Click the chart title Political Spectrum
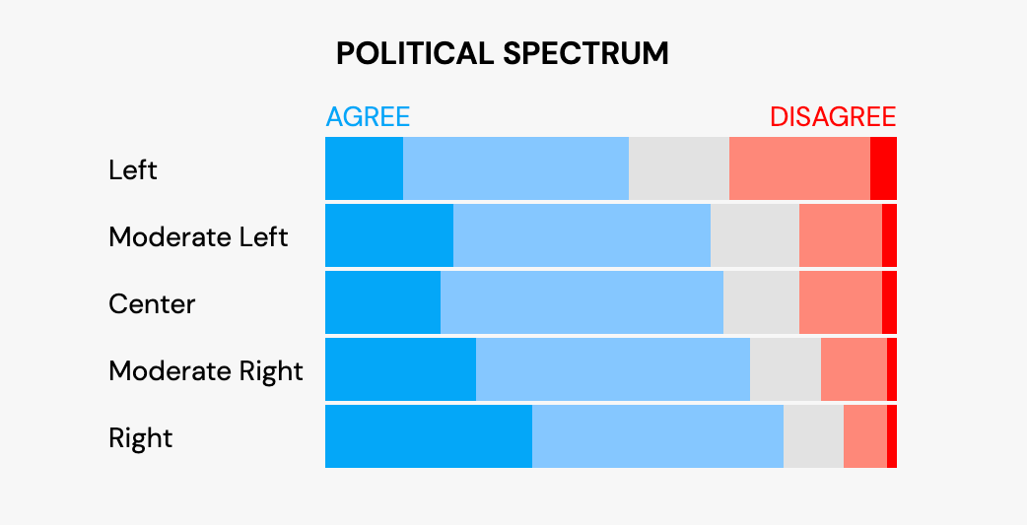pos(502,53)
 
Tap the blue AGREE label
pos(368,117)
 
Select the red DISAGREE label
pos(833,117)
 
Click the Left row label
pos(133,169)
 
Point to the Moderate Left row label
pos(198,236)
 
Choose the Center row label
pos(152,303)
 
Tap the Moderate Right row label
pos(205,370)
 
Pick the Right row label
pos(140,437)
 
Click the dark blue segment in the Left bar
pos(364,168)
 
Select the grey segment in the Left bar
pos(679,168)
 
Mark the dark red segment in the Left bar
pos(883,168)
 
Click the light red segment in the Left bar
pos(799,168)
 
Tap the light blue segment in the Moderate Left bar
pos(582,235)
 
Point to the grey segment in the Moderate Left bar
pos(754,235)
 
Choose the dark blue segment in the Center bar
pos(382,302)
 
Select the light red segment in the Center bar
pos(840,302)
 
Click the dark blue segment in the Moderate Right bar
pos(400,369)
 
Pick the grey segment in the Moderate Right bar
pos(785,369)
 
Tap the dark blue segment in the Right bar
pos(429,436)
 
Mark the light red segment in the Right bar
pos(864,436)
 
